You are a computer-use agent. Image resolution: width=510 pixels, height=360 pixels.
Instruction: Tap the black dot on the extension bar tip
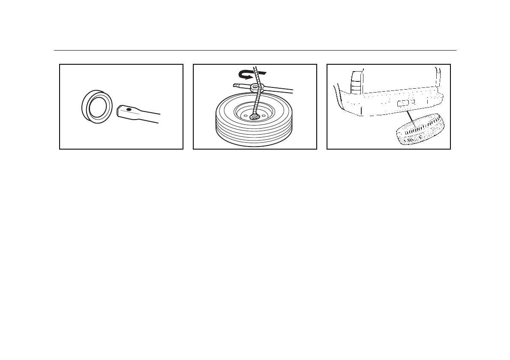(x=129, y=110)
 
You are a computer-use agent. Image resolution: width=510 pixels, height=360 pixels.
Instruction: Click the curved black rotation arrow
(x=246, y=75)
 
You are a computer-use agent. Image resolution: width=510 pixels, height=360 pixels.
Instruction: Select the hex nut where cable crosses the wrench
(x=256, y=87)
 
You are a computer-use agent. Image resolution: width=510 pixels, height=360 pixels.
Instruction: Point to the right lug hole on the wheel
(x=264, y=114)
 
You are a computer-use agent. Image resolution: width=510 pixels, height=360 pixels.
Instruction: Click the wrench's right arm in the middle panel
(x=279, y=90)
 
